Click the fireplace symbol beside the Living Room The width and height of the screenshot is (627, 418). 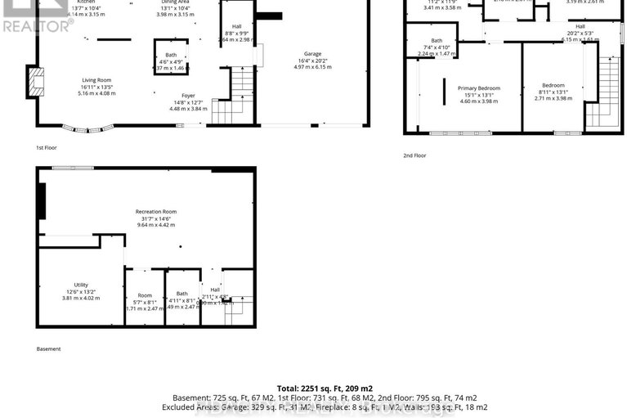click(x=34, y=82)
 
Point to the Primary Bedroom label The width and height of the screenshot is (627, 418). click(x=478, y=88)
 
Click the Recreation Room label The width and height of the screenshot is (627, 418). click(x=156, y=212)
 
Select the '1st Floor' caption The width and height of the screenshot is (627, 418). click(x=47, y=148)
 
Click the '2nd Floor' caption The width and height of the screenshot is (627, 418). click(x=414, y=155)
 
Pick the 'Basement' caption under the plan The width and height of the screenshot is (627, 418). click(x=48, y=349)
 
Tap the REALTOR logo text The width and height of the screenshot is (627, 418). click(x=38, y=27)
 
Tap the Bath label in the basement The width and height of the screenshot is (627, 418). click(x=181, y=294)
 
